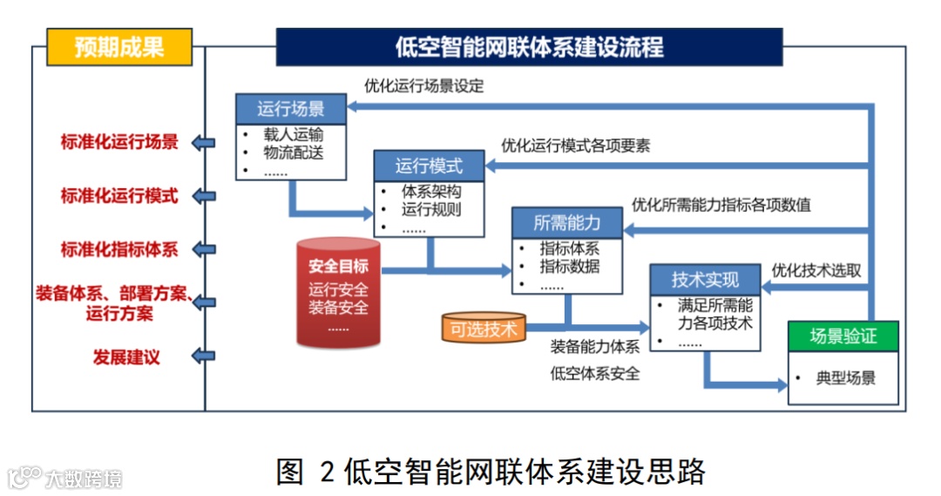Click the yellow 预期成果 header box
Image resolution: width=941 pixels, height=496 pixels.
point(118,47)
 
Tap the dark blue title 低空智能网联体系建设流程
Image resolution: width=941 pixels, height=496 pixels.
point(529,47)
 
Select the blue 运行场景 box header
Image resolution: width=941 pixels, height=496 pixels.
point(291,109)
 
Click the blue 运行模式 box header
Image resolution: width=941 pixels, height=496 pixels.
point(429,166)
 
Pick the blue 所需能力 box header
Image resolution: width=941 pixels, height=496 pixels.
point(566,223)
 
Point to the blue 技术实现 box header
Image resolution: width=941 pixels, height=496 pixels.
point(705,280)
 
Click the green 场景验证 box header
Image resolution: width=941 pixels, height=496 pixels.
point(843,336)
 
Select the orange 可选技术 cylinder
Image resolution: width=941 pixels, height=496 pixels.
point(484,330)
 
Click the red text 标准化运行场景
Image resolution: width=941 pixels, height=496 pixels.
point(118,143)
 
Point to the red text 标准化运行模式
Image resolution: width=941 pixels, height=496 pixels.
point(118,196)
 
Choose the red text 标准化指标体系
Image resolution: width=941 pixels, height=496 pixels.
point(118,249)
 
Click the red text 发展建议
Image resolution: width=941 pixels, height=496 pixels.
point(126,357)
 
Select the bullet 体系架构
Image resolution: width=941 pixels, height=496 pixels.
point(431,191)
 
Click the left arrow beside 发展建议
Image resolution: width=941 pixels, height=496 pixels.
point(203,357)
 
